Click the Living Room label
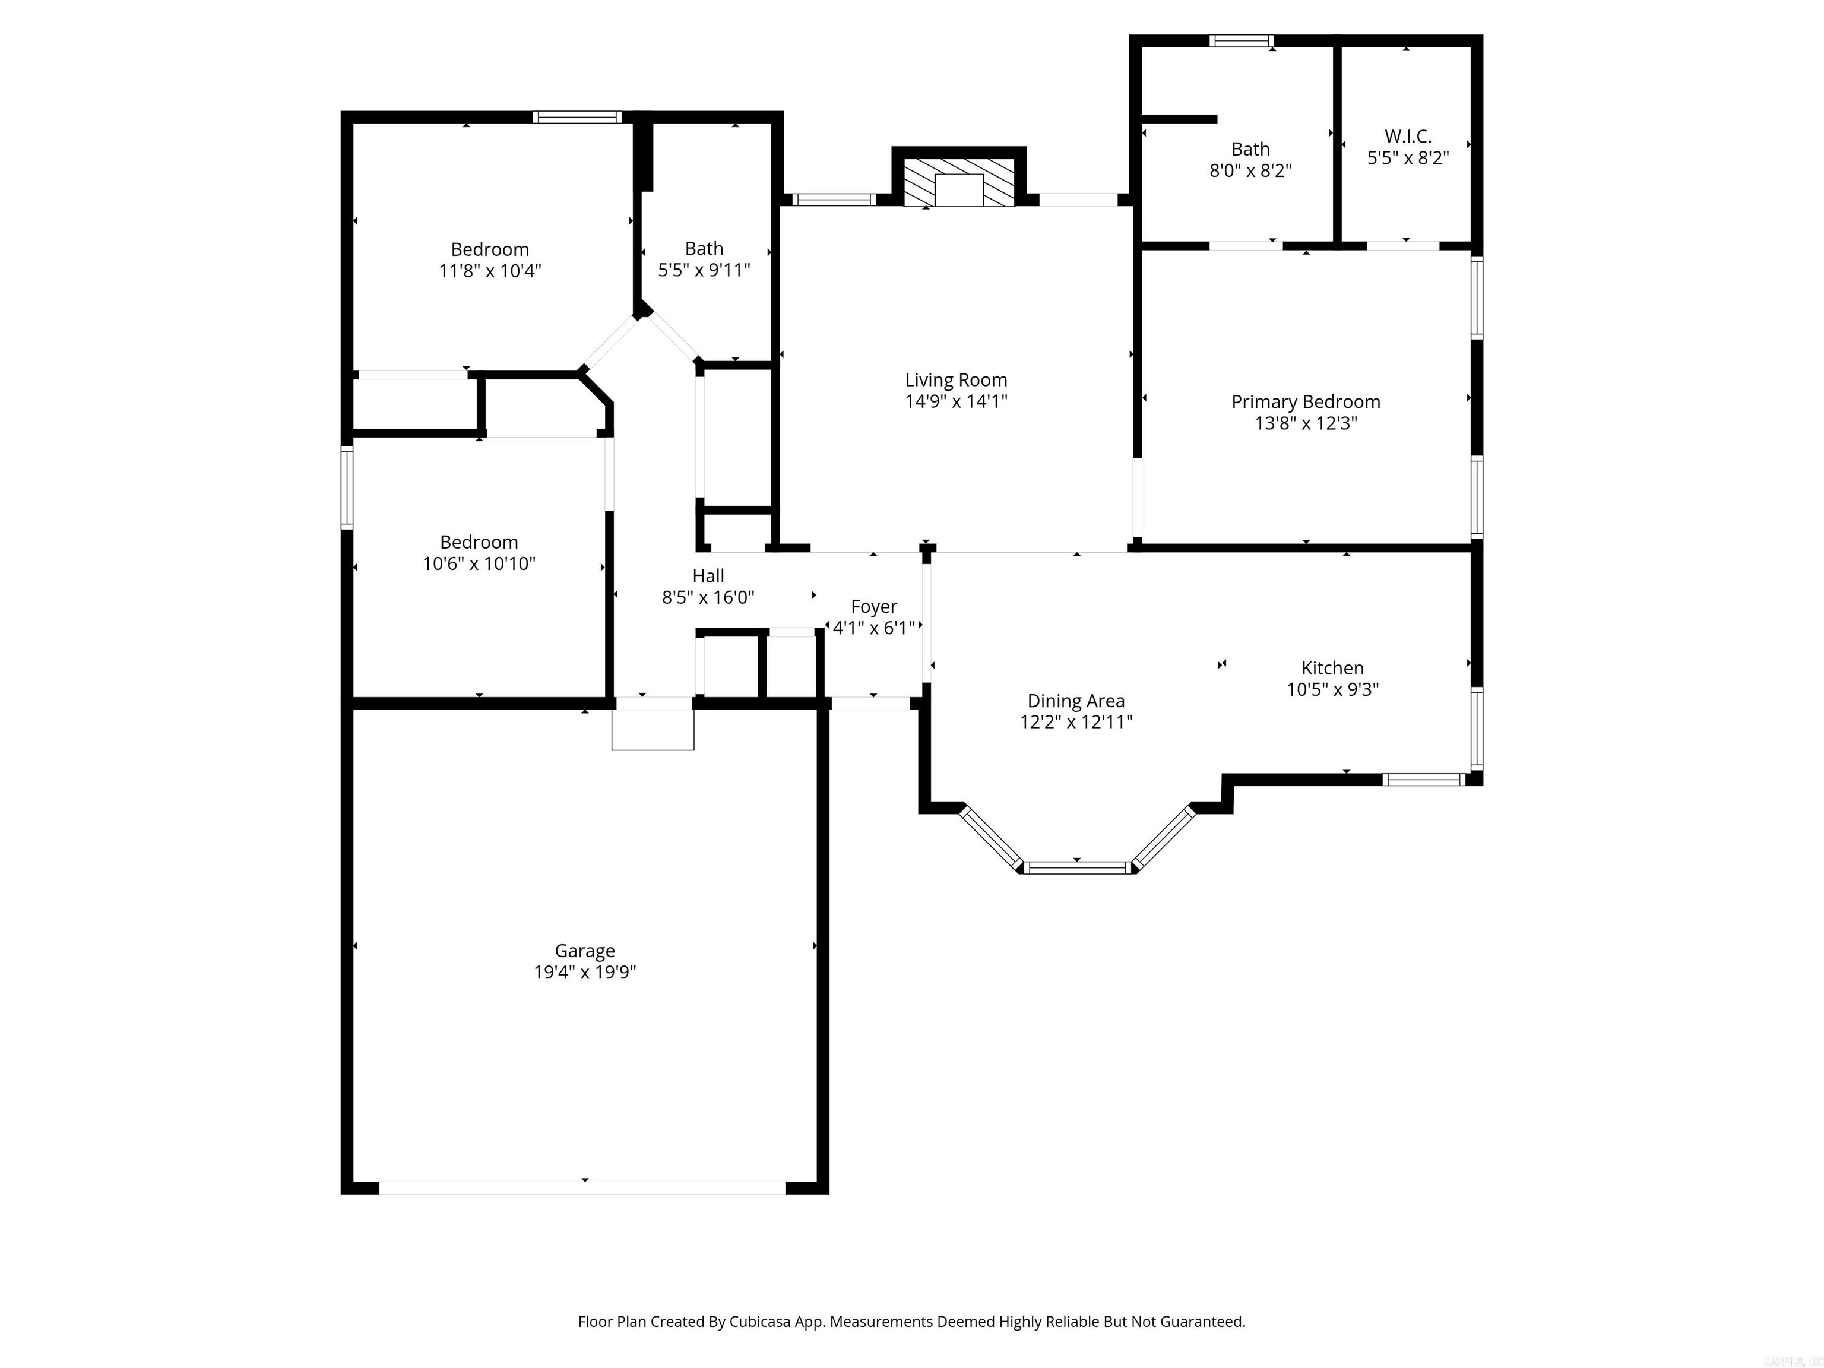956,380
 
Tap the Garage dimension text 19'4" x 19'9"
585,972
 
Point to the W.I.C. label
1408,136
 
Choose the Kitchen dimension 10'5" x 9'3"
1332,689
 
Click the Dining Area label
1075,701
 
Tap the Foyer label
874,607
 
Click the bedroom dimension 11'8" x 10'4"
490,271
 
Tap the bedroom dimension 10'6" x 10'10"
479,564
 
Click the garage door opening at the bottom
582,1187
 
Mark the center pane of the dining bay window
1078,867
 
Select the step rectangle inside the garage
653,730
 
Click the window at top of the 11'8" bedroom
577,117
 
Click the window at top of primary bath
1241,40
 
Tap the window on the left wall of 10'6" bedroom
347,487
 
